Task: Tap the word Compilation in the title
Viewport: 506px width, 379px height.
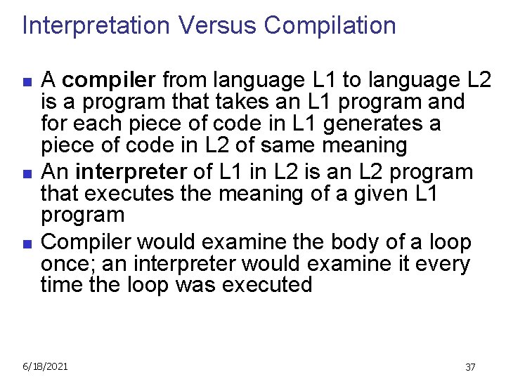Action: pyautogui.click(x=330, y=26)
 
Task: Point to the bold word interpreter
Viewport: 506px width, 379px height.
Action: pyautogui.click(x=131, y=171)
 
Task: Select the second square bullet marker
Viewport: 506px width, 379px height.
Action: pyautogui.click(x=27, y=173)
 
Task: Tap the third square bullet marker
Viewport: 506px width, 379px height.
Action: pyautogui.click(x=27, y=243)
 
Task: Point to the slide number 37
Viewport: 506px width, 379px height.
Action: pyautogui.click(x=470, y=367)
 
